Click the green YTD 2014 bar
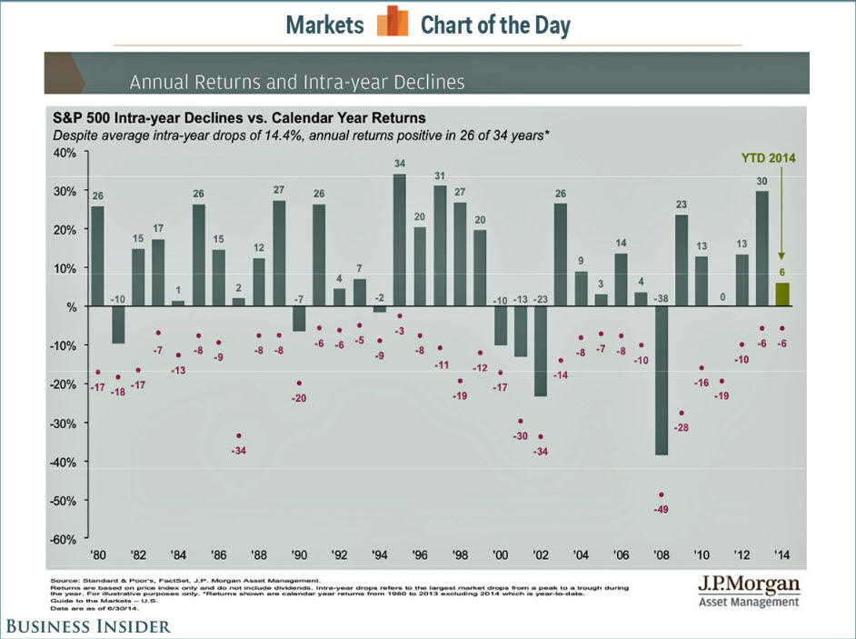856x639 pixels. pos(782,295)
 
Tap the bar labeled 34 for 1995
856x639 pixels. pos(399,240)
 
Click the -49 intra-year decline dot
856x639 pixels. pos(662,494)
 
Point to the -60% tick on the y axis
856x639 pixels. pos(64,539)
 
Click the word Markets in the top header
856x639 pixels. pos(324,25)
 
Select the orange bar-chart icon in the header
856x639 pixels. pos(392,22)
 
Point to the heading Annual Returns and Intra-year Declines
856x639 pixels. pos(297,82)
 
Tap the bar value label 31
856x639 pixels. pos(439,175)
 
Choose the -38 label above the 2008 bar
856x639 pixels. pos(662,297)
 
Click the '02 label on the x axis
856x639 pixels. pos(540,554)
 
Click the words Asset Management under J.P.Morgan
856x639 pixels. pos(749,601)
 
